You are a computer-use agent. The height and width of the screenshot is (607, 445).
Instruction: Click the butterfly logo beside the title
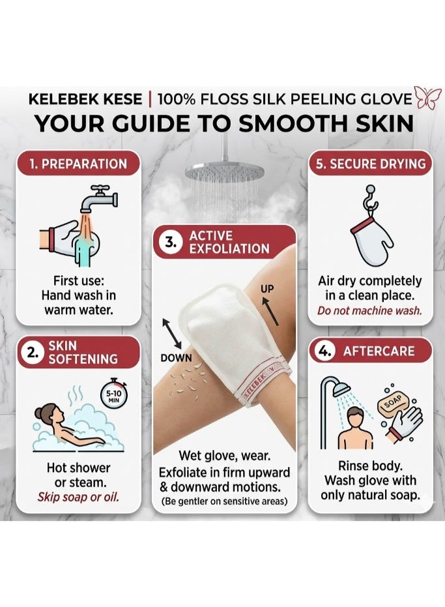[x=427, y=98]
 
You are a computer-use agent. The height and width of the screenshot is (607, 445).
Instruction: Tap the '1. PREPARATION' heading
[x=78, y=164]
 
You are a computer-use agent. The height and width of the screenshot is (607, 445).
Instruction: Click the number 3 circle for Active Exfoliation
[x=169, y=243]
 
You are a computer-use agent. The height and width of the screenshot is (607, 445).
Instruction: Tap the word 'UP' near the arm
[x=267, y=288]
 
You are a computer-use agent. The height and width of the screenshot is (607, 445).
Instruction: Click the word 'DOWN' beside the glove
[x=176, y=358]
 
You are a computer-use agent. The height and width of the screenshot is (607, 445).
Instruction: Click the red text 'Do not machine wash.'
[x=369, y=310]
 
